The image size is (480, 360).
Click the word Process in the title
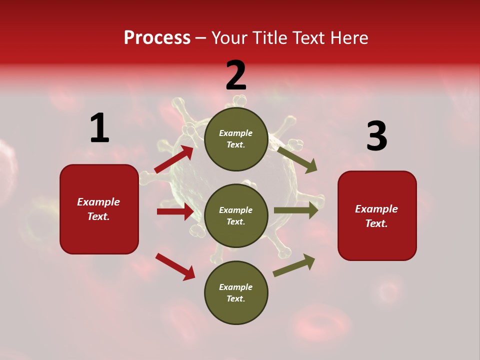pos(157,38)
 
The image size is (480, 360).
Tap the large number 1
pos(99,128)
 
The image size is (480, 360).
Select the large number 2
pos(236,75)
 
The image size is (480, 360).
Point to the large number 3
pos(376,136)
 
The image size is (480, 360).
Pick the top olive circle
pos(236,139)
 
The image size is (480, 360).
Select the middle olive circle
pos(236,215)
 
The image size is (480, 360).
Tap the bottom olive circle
pos(236,292)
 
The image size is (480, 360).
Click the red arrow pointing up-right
pos(174,159)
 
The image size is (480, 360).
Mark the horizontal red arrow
pos(175,211)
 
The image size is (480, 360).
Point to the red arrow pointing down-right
pos(175,266)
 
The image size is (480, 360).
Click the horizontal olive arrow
pos(295,210)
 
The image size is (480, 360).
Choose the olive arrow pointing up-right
pos(294,265)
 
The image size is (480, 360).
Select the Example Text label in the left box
pos(98,209)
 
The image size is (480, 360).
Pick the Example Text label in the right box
pos(376,216)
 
